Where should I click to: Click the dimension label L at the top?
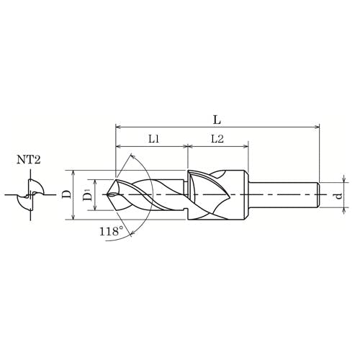pyautogui.click(x=217, y=120)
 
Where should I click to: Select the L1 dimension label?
pyautogui.click(x=153, y=139)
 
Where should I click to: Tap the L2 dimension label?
pyautogui.click(x=217, y=139)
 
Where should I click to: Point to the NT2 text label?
pyautogui.click(x=29, y=160)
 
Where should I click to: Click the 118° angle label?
pyautogui.click(x=111, y=231)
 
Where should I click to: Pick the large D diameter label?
pyautogui.click(x=67, y=194)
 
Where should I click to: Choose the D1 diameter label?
pyautogui.click(x=88, y=194)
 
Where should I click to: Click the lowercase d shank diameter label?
pyautogui.click(x=338, y=196)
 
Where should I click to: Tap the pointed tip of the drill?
pyautogui.click(x=108, y=194)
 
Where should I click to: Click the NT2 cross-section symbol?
pyautogui.click(x=30, y=194)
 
